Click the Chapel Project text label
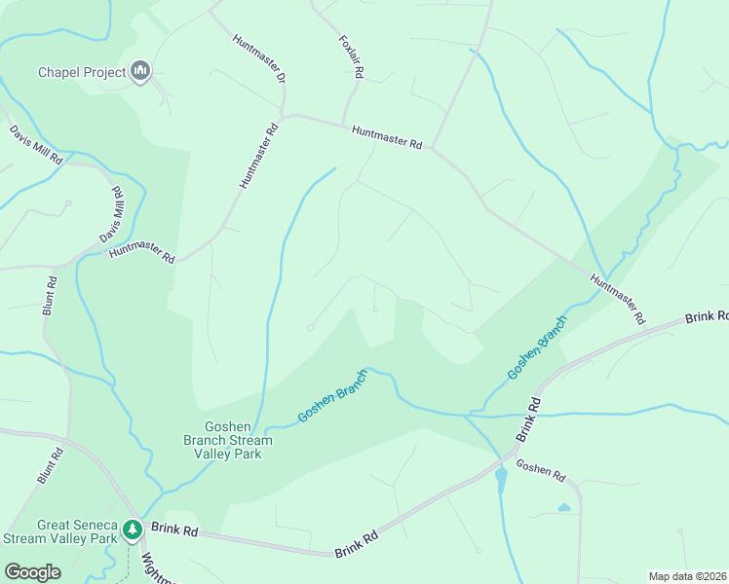(82, 72)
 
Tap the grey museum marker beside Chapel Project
(141, 71)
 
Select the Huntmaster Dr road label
(259, 59)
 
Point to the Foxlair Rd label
(351, 57)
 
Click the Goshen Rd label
(541, 471)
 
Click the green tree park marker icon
(133, 530)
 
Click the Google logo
(32, 572)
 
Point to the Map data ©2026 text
(687, 575)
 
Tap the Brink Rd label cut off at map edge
(707, 317)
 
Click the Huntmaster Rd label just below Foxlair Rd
(387, 137)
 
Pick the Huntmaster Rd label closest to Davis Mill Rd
(141, 254)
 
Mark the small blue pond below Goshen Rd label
(564, 507)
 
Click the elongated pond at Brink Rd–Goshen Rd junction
(501, 480)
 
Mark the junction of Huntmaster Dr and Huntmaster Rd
(284, 116)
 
